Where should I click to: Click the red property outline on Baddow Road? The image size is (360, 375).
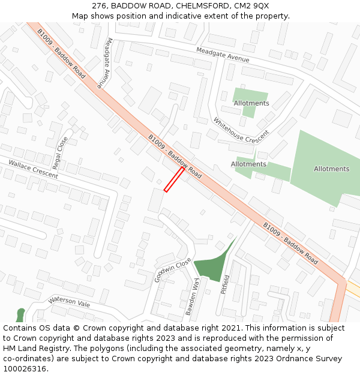174,179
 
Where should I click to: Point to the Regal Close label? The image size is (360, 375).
61,152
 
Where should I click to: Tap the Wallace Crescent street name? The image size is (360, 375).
33,169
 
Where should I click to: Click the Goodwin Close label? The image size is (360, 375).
172,270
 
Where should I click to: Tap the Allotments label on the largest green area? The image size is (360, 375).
331,169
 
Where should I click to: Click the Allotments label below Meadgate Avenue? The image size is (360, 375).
251,103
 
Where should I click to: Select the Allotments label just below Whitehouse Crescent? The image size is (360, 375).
248,164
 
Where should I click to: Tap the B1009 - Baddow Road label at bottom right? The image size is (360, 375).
290,244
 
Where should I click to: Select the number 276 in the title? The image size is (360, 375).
100,5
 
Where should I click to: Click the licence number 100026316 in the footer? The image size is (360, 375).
24,368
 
